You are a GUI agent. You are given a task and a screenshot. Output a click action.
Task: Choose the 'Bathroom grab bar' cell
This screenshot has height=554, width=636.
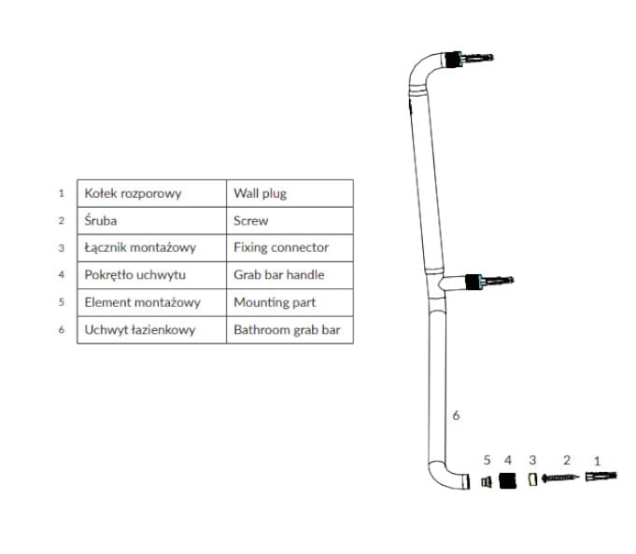pos(290,330)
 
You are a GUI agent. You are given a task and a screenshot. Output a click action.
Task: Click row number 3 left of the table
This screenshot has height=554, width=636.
pos(61,248)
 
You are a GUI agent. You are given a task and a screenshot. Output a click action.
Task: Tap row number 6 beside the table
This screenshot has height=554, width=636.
pos(61,330)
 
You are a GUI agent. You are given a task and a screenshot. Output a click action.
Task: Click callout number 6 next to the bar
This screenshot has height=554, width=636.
pos(456,415)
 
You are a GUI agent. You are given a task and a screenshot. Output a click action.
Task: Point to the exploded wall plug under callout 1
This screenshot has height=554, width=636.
pos(601,478)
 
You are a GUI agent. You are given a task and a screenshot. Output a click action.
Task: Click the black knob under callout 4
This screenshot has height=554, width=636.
pos(507,480)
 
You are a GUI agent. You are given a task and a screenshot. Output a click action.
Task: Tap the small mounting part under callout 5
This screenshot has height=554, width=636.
pos(486,480)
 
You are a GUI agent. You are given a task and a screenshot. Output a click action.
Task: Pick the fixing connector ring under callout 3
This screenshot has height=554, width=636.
pos(532,479)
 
